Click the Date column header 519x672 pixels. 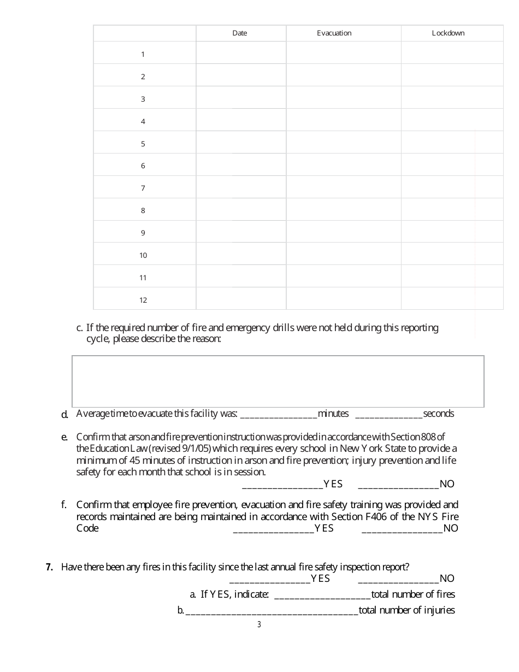(240, 33)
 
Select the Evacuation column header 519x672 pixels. (334, 33)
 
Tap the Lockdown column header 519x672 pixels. (448, 33)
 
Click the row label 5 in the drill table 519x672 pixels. (143, 144)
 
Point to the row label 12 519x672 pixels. (143, 300)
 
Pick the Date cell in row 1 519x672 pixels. (241, 54)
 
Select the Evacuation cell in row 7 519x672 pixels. (344, 187)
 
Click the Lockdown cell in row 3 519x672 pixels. (452, 98)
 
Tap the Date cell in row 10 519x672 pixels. (241, 255)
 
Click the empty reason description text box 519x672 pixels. (278, 381)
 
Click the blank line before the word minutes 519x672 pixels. (279, 414)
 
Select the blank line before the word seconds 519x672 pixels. (389, 414)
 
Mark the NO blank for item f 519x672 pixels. (402, 529)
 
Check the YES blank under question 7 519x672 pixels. (270, 579)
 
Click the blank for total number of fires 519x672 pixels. (322, 595)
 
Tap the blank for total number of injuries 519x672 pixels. (272, 611)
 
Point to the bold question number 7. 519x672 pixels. (49, 567)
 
